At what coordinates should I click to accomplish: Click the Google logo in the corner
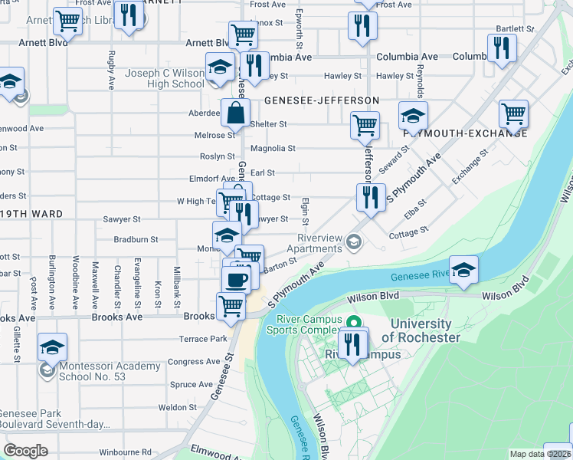(x=25, y=451)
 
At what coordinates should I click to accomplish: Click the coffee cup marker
(x=237, y=279)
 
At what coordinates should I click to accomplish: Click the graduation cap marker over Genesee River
(x=463, y=271)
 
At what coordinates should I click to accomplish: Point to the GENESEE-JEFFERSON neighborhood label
(x=322, y=100)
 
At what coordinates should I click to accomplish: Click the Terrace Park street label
(x=203, y=338)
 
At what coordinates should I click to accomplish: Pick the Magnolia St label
(x=268, y=149)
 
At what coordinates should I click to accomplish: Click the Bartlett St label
(x=515, y=28)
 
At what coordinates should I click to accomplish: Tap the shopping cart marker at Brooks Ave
(x=231, y=306)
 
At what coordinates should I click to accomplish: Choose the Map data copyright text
(x=541, y=454)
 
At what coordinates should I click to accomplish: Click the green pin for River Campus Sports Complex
(x=354, y=322)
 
